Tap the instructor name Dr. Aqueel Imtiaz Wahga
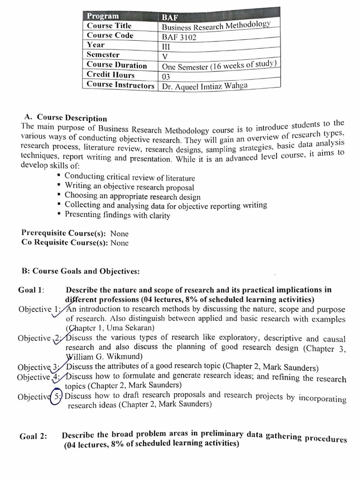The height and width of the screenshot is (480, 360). (x=204, y=86)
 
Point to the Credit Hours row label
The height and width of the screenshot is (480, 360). (x=111, y=75)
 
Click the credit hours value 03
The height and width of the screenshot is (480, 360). (x=166, y=76)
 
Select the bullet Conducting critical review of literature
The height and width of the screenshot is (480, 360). (x=129, y=178)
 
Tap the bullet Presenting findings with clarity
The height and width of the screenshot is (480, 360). (x=117, y=215)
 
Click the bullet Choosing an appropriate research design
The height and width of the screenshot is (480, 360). (x=132, y=196)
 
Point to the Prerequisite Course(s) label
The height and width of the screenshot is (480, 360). (x=64, y=233)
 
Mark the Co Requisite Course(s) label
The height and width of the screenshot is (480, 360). (x=65, y=242)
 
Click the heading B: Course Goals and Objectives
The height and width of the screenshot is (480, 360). (x=80, y=271)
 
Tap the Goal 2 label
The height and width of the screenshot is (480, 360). (x=33, y=436)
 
